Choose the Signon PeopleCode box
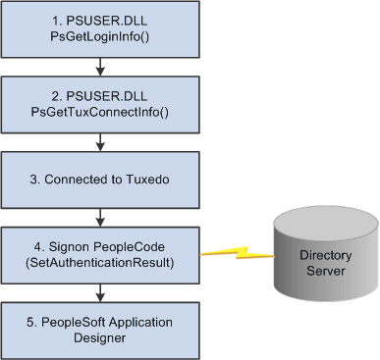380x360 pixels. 99,253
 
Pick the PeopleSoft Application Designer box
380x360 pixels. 99,328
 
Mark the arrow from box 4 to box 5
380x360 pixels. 99,290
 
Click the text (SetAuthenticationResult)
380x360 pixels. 99,262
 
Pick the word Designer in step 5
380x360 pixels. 99,336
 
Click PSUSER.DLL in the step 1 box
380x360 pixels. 99,21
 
